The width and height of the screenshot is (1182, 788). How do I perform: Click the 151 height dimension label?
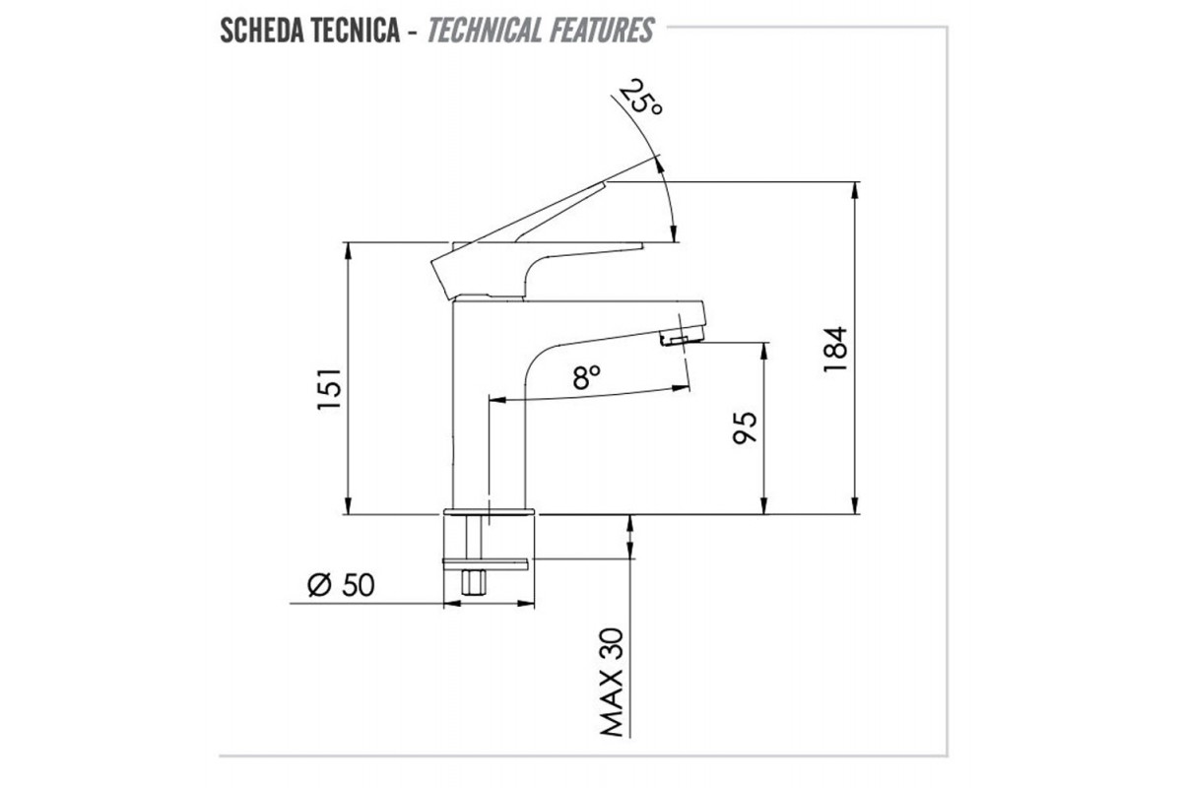(330, 388)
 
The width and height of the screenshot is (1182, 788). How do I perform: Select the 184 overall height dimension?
(835, 350)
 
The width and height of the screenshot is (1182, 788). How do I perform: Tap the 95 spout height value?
(745, 428)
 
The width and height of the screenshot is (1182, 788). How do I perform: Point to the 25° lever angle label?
(640, 98)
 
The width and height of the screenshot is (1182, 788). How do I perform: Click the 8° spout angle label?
(586, 376)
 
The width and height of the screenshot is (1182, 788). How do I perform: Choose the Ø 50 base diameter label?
(341, 585)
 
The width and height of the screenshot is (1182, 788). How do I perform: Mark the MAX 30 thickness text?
(613, 682)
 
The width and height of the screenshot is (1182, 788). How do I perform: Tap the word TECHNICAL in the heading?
(485, 31)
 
